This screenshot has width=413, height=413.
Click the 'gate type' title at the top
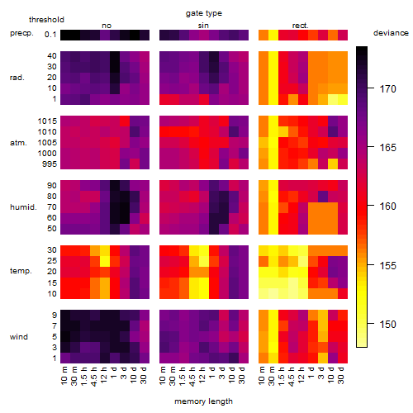pyautogui.click(x=204, y=13)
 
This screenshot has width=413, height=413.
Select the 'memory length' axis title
pyautogui.click(x=203, y=401)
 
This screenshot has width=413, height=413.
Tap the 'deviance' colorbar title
pyautogui.click(x=391, y=33)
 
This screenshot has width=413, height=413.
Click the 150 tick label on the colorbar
pyautogui.click(x=387, y=324)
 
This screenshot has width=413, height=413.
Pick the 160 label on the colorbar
pyautogui.click(x=387, y=206)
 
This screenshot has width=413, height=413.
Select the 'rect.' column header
pyautogui.click(x=301, y=26)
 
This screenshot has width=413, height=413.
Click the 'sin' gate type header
pyautogui.click(x=203, y=26)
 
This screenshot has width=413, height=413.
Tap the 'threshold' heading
pyautogui.click(x=46, y=20)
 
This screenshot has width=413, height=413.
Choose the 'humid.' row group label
pyautogui.click(x=23, y=207)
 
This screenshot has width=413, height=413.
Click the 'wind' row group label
pyautogui.click(x=19, y=337)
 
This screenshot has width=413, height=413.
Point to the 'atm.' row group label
pyautogui.click(x=18, y=143)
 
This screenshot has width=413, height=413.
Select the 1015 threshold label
pyautogui.click(x=47, y=121)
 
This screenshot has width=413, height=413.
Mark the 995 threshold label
pyautogui.click(x=50, y=164)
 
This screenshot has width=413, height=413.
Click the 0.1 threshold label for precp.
pyautogui.click(x=50, y=35)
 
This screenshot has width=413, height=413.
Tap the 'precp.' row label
pyautogui.click(x=21, y=34)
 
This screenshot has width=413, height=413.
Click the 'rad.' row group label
pyautogui.click(x=17, y=78)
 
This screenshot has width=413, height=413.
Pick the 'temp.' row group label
pyautogui.click(x=21, y=271)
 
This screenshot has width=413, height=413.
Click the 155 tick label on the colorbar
pyautogui.click(x=387, y=265)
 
